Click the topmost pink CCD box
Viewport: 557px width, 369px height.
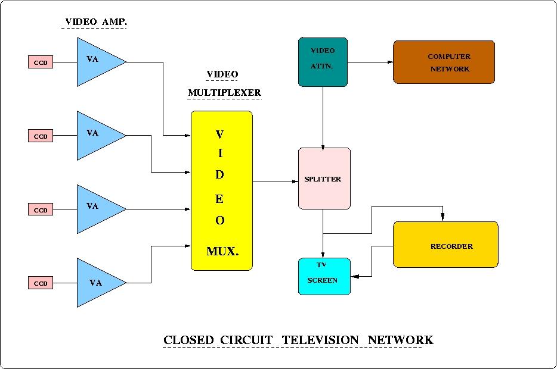[41, 62]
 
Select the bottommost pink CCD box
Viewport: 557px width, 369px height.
[41, 283]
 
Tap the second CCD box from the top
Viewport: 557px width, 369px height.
[41, 136]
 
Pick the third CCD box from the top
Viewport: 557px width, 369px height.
[41, 209]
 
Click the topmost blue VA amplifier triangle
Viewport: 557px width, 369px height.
[95, 62]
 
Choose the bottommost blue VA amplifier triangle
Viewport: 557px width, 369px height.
[95, 283]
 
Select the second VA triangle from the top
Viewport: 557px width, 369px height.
[95, 136]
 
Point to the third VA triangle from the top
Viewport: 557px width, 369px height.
[95, 209]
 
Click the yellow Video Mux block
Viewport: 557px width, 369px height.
[221, 190]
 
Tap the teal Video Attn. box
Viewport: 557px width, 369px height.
[323, 62]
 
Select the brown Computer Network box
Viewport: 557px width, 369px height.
[444, 62]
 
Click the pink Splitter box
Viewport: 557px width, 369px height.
[324, 179]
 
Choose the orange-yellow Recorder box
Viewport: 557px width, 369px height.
[445, 245]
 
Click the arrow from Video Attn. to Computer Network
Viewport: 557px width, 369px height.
[370, 62]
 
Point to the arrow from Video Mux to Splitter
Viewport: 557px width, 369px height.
[275, 181]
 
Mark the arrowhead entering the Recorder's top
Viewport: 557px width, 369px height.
[442, 217]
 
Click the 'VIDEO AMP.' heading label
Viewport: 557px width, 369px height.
[95, 22]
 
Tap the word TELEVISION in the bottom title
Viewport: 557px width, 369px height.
[320, 340]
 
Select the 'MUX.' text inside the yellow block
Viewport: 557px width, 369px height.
[222, 252]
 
